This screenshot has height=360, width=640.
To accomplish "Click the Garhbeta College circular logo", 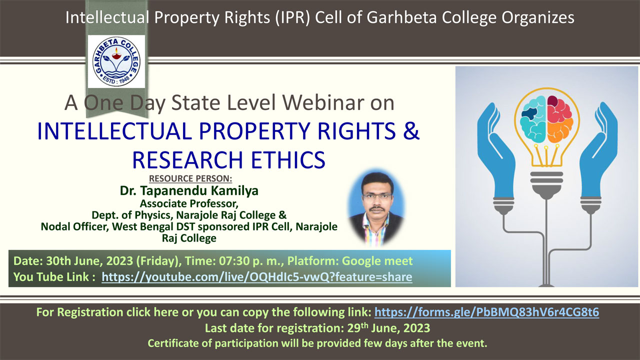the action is tap(116, 61).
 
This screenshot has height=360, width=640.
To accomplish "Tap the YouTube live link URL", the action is tap(257, 277).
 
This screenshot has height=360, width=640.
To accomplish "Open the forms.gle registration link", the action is tap(487, 312).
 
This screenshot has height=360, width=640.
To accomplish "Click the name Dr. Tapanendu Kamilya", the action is tap(189, 190).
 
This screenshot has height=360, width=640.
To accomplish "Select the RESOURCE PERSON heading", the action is tap(190, 178).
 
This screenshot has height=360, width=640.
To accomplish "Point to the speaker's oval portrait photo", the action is tap(376, 207).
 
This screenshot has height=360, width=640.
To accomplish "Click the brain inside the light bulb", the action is tap(547, 118).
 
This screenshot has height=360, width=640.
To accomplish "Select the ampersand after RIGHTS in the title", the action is tap(411, 130).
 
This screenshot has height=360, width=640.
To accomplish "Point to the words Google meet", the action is tap(377, 261).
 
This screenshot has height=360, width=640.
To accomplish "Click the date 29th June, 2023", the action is tap(388, 328).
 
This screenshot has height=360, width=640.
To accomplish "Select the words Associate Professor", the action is tap(189, 203).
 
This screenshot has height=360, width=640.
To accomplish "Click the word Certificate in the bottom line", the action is tap(173, 343).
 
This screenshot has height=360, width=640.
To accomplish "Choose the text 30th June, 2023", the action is tap(89, 261).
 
